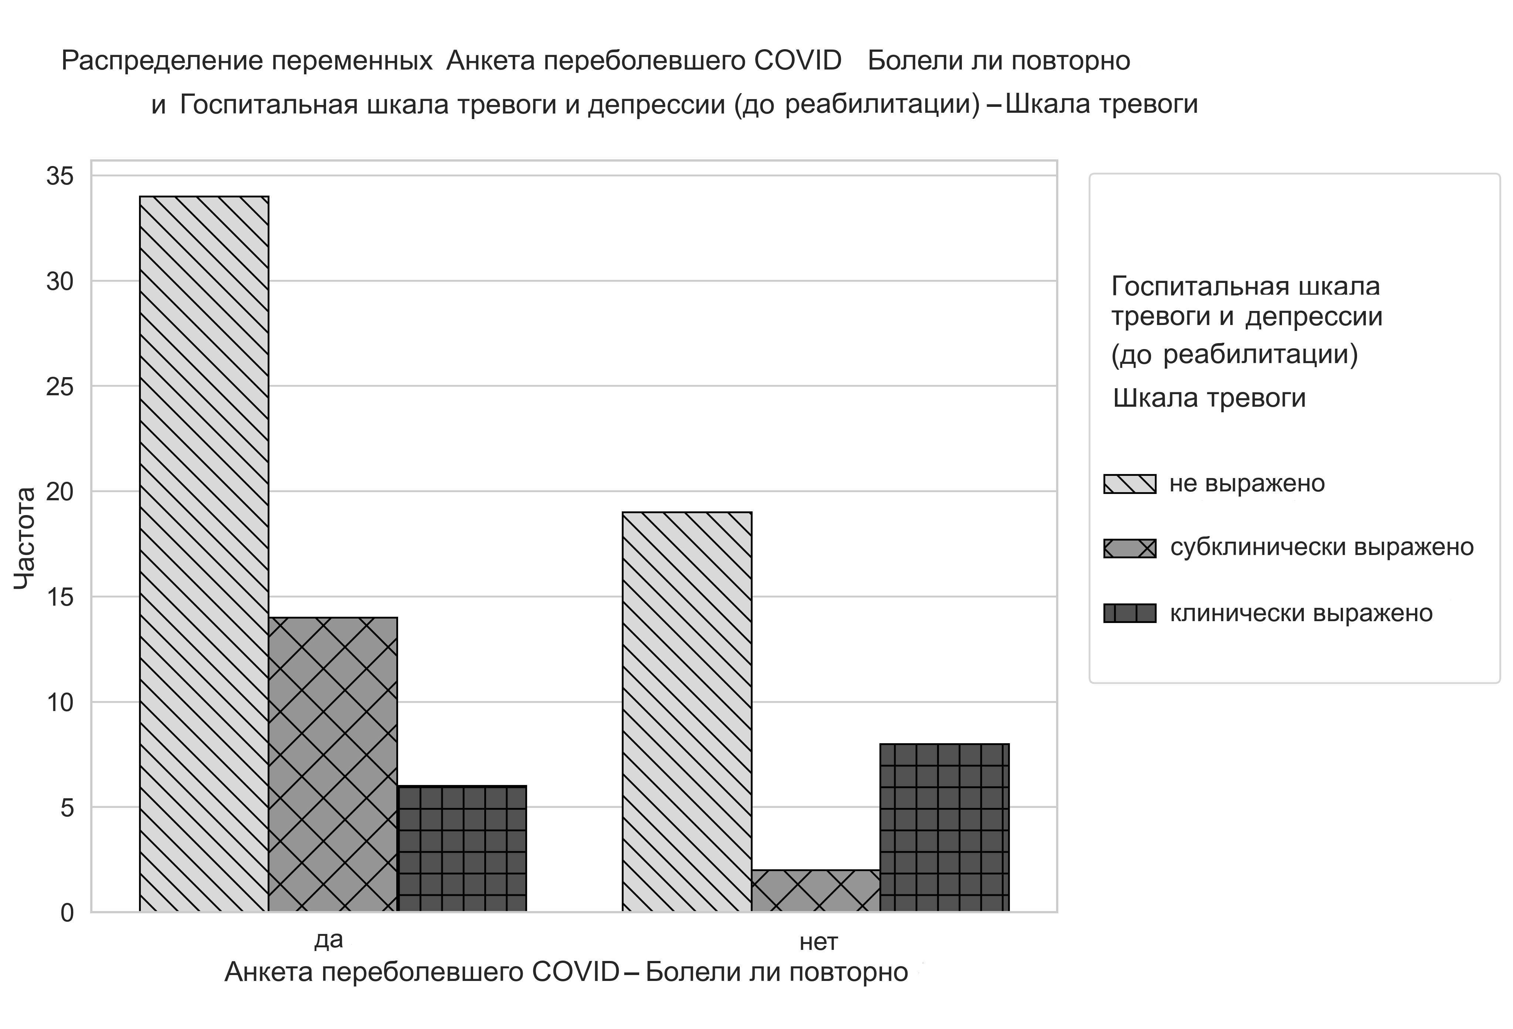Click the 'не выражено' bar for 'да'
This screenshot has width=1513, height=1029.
click(x=204, y=554)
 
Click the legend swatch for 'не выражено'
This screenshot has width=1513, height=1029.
click(x=1130, y=484)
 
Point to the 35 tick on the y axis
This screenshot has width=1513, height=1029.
click(x=60, y=176)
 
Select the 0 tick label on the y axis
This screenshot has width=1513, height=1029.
click(x=67, y=913)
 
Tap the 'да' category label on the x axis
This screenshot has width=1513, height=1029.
click(x=329, y=940)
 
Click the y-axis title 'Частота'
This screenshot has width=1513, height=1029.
click(x=25, y=539)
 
